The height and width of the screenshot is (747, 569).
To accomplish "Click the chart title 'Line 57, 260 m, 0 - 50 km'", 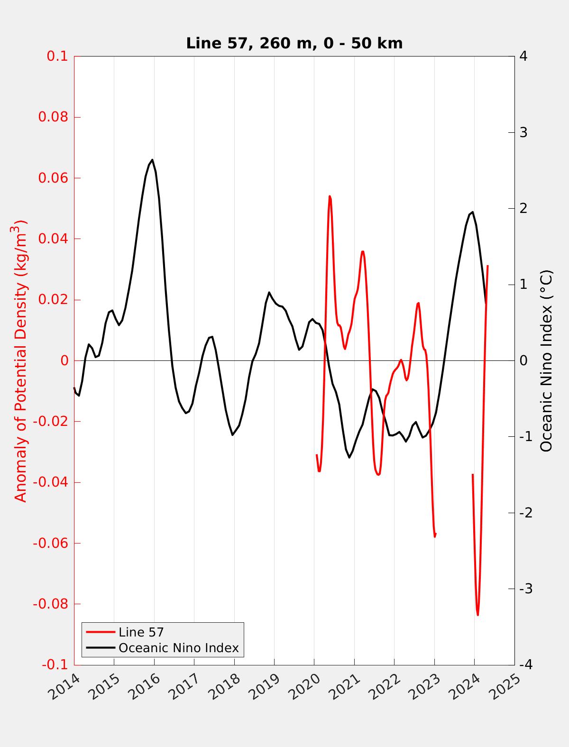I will (294, 43).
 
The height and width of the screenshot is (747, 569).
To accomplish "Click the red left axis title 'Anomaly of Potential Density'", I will (20, 360).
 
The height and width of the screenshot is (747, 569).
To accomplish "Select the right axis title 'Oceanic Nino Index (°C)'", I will (547, 360).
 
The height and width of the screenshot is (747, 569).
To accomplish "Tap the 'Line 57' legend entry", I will (141, 632).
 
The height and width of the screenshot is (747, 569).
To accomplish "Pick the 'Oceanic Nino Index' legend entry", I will (178, 648).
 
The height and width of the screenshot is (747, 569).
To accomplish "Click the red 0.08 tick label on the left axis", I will (53, 117).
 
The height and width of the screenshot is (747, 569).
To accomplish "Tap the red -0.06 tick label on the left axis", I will (51, 543).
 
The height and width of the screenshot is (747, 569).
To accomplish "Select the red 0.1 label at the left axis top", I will (57, 56).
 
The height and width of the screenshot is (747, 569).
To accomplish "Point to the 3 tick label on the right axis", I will (523, 132).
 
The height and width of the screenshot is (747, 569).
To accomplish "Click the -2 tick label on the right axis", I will (525, 513).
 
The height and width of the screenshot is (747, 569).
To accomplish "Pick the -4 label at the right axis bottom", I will (525, 665).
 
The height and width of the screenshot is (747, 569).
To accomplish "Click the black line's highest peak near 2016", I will (152, 160).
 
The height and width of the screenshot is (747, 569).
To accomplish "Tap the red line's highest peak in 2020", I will (330, 196).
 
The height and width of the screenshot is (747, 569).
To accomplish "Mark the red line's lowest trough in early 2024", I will (477, 615).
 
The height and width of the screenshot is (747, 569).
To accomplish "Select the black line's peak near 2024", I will (472, 212).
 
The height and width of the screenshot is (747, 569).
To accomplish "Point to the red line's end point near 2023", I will (435, 534).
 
